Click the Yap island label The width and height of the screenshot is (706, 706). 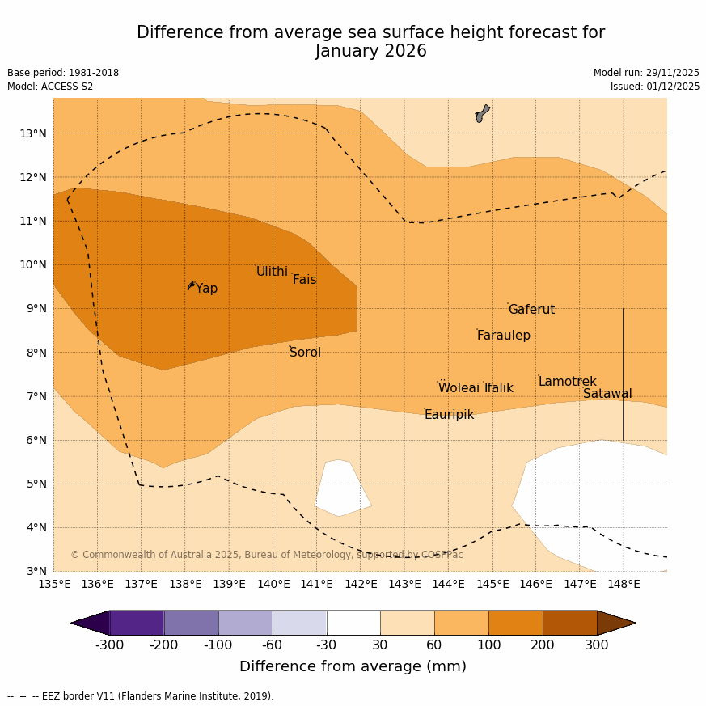tap(206, 289)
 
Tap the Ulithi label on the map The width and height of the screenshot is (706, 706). tap(272, 272)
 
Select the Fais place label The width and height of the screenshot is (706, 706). tap(304, 280)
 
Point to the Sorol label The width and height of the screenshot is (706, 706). tap(305, 353)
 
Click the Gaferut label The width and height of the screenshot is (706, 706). tap(531, 310)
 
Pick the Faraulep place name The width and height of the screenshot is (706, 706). tap(503, 336)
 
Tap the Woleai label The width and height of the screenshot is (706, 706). tap(459, 388)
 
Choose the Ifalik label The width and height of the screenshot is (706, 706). tap(498, 388)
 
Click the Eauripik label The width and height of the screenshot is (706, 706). tap(449, 415)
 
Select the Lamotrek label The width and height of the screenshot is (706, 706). tap(567, 382)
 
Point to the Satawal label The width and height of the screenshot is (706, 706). tap(607, 394)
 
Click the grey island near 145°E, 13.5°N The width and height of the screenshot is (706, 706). tap(482, 112)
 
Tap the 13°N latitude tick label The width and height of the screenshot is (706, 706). tap(32, 133)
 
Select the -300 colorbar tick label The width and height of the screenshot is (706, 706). tap(110, 645)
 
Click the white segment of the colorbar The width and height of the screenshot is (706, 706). tap(353, 623)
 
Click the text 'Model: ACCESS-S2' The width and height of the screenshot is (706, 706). tap(50, 87)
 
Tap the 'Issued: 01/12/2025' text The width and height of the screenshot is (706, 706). tap(655, 87)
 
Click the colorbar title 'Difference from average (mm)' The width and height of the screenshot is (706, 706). tap(353, 667)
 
